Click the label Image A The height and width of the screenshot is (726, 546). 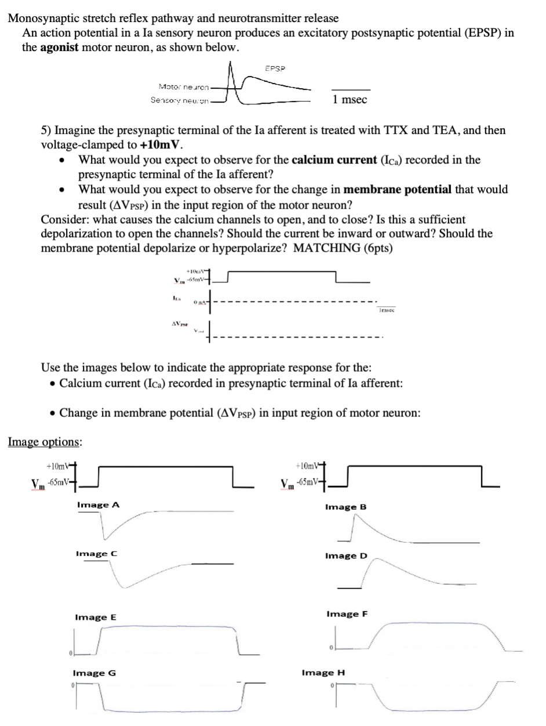pyautogui.click(x=98, y=505)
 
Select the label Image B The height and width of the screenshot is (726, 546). pyautogui.click(x=346, y=507)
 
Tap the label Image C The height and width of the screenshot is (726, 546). pyautogui.click(x=96, y=554)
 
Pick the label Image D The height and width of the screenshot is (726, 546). pyautogui.click(x=346, y=556)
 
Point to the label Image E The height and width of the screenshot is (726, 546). pyautogui.click(x=95, y=618)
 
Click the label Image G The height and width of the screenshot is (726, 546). pyautogui.click(x=94, y=673)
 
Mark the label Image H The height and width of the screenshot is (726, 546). pyautogui.click(x=323, y=673)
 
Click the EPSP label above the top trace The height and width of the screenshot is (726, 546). pyautogui.click(x=275, y=68)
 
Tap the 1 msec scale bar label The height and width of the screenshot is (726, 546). pyautogui.click(x=351, y=100)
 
